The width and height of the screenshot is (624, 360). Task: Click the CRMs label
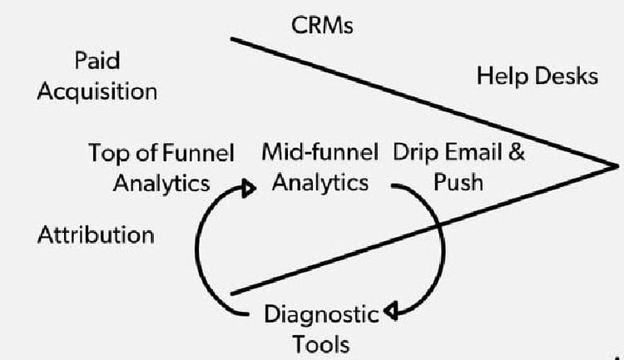323,26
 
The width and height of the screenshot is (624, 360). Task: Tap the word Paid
97,61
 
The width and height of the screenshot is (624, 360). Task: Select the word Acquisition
97,91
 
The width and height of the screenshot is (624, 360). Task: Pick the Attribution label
96,234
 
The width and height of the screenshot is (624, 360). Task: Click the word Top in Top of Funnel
106,154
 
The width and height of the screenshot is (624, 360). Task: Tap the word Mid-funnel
319,153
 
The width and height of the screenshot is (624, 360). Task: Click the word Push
458,182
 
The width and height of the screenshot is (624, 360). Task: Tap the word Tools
321,343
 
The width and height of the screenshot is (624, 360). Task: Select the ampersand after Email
516,153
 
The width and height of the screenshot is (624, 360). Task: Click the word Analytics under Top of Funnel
161,183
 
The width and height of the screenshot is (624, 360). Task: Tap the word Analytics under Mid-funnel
319,182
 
